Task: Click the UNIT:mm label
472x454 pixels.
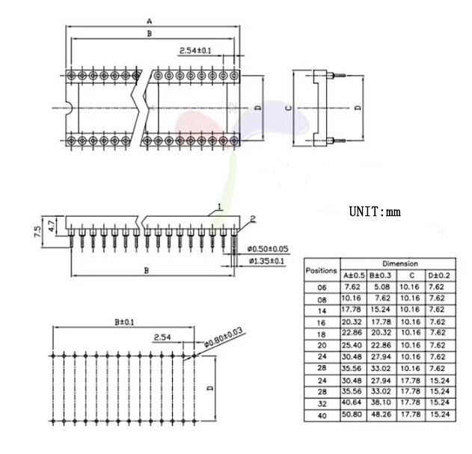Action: (375, 212)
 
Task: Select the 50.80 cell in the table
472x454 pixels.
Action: (352, 414)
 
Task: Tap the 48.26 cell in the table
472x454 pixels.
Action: (381, 414)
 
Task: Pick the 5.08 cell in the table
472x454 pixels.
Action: (381, 287)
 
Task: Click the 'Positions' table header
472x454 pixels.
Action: (321, 270)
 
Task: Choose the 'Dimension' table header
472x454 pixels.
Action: (400, 264)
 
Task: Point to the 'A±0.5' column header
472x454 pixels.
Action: (354, 275)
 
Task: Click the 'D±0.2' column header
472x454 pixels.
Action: (439, 275)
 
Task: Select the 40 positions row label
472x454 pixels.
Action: (322, 416)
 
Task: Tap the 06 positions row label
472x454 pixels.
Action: (322, 288)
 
